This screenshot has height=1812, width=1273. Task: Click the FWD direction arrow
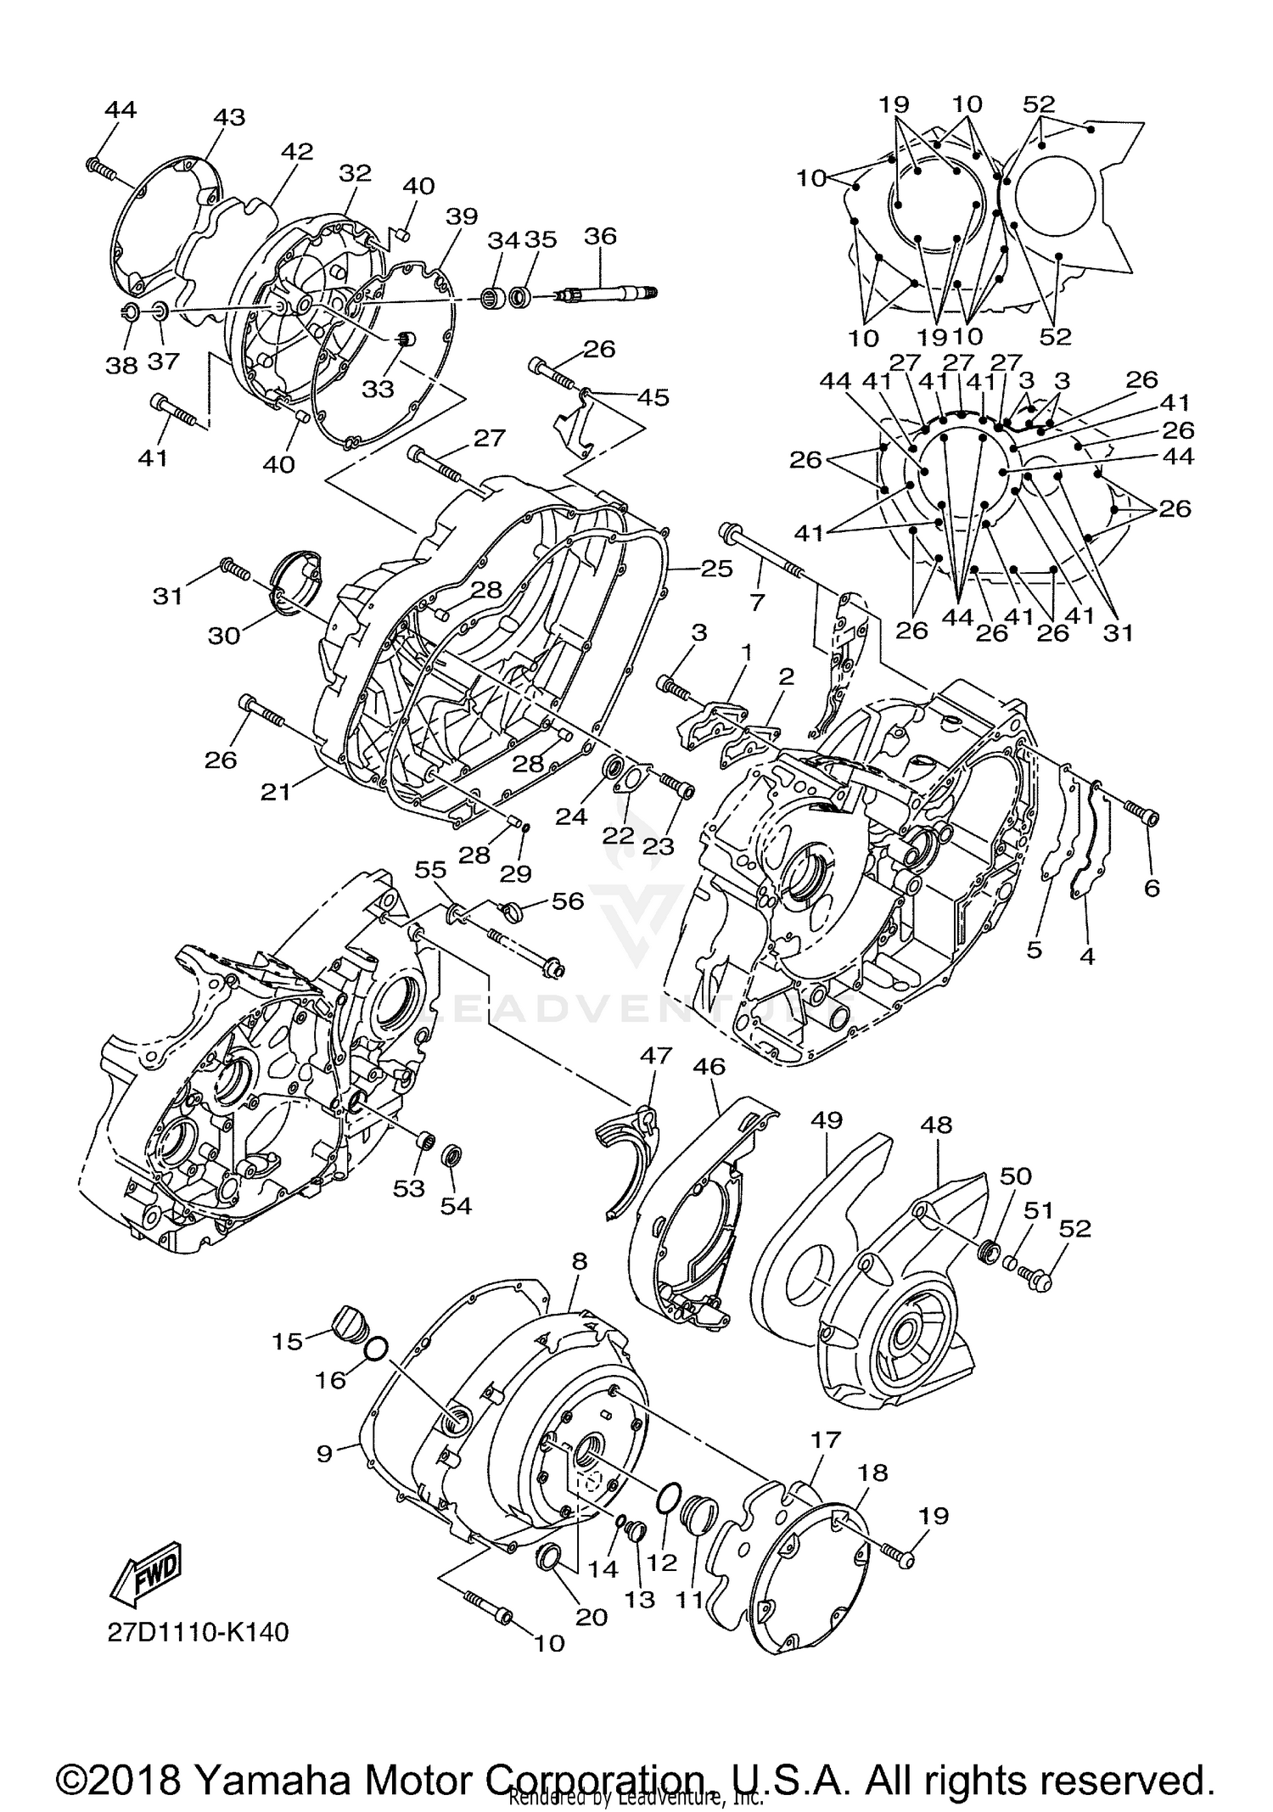pyautogui.click(x=144, y=1570)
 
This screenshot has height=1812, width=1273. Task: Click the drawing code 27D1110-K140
pyautogui.click(x=198, y=1632)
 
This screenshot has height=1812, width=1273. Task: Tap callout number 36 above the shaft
pyautogui.click(x=600, y=235)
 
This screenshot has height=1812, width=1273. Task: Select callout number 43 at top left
pyautogui.click(x=228, y=117)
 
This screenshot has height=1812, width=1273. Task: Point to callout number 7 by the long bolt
pyautogui.click(x=757, y=603)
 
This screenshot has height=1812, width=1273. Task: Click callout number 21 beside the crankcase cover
pyautogui.click(x=275, y=791)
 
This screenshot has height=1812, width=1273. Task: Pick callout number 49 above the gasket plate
pyautogui.click(x=827, y=1120)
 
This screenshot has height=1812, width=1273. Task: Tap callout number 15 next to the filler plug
pyautogui.click(x=287, y=1342)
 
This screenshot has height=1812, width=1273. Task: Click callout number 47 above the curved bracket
pyautogui.click(x=655, y=1056)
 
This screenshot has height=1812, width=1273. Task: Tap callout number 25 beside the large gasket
pyautogui.click(x=716, y=568)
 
